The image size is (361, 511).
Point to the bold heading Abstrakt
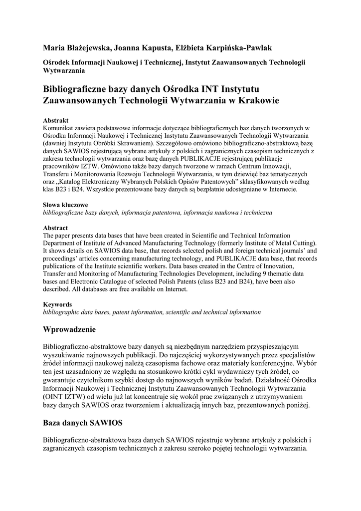click(x=55, y=120)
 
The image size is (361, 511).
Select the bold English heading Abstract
click(x=55, y=228)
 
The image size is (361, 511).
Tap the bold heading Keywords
click(x=57, y=304)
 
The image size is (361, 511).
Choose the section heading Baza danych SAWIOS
click(x=83, y=423)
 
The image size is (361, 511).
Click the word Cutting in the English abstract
click(x=305, y=243)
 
